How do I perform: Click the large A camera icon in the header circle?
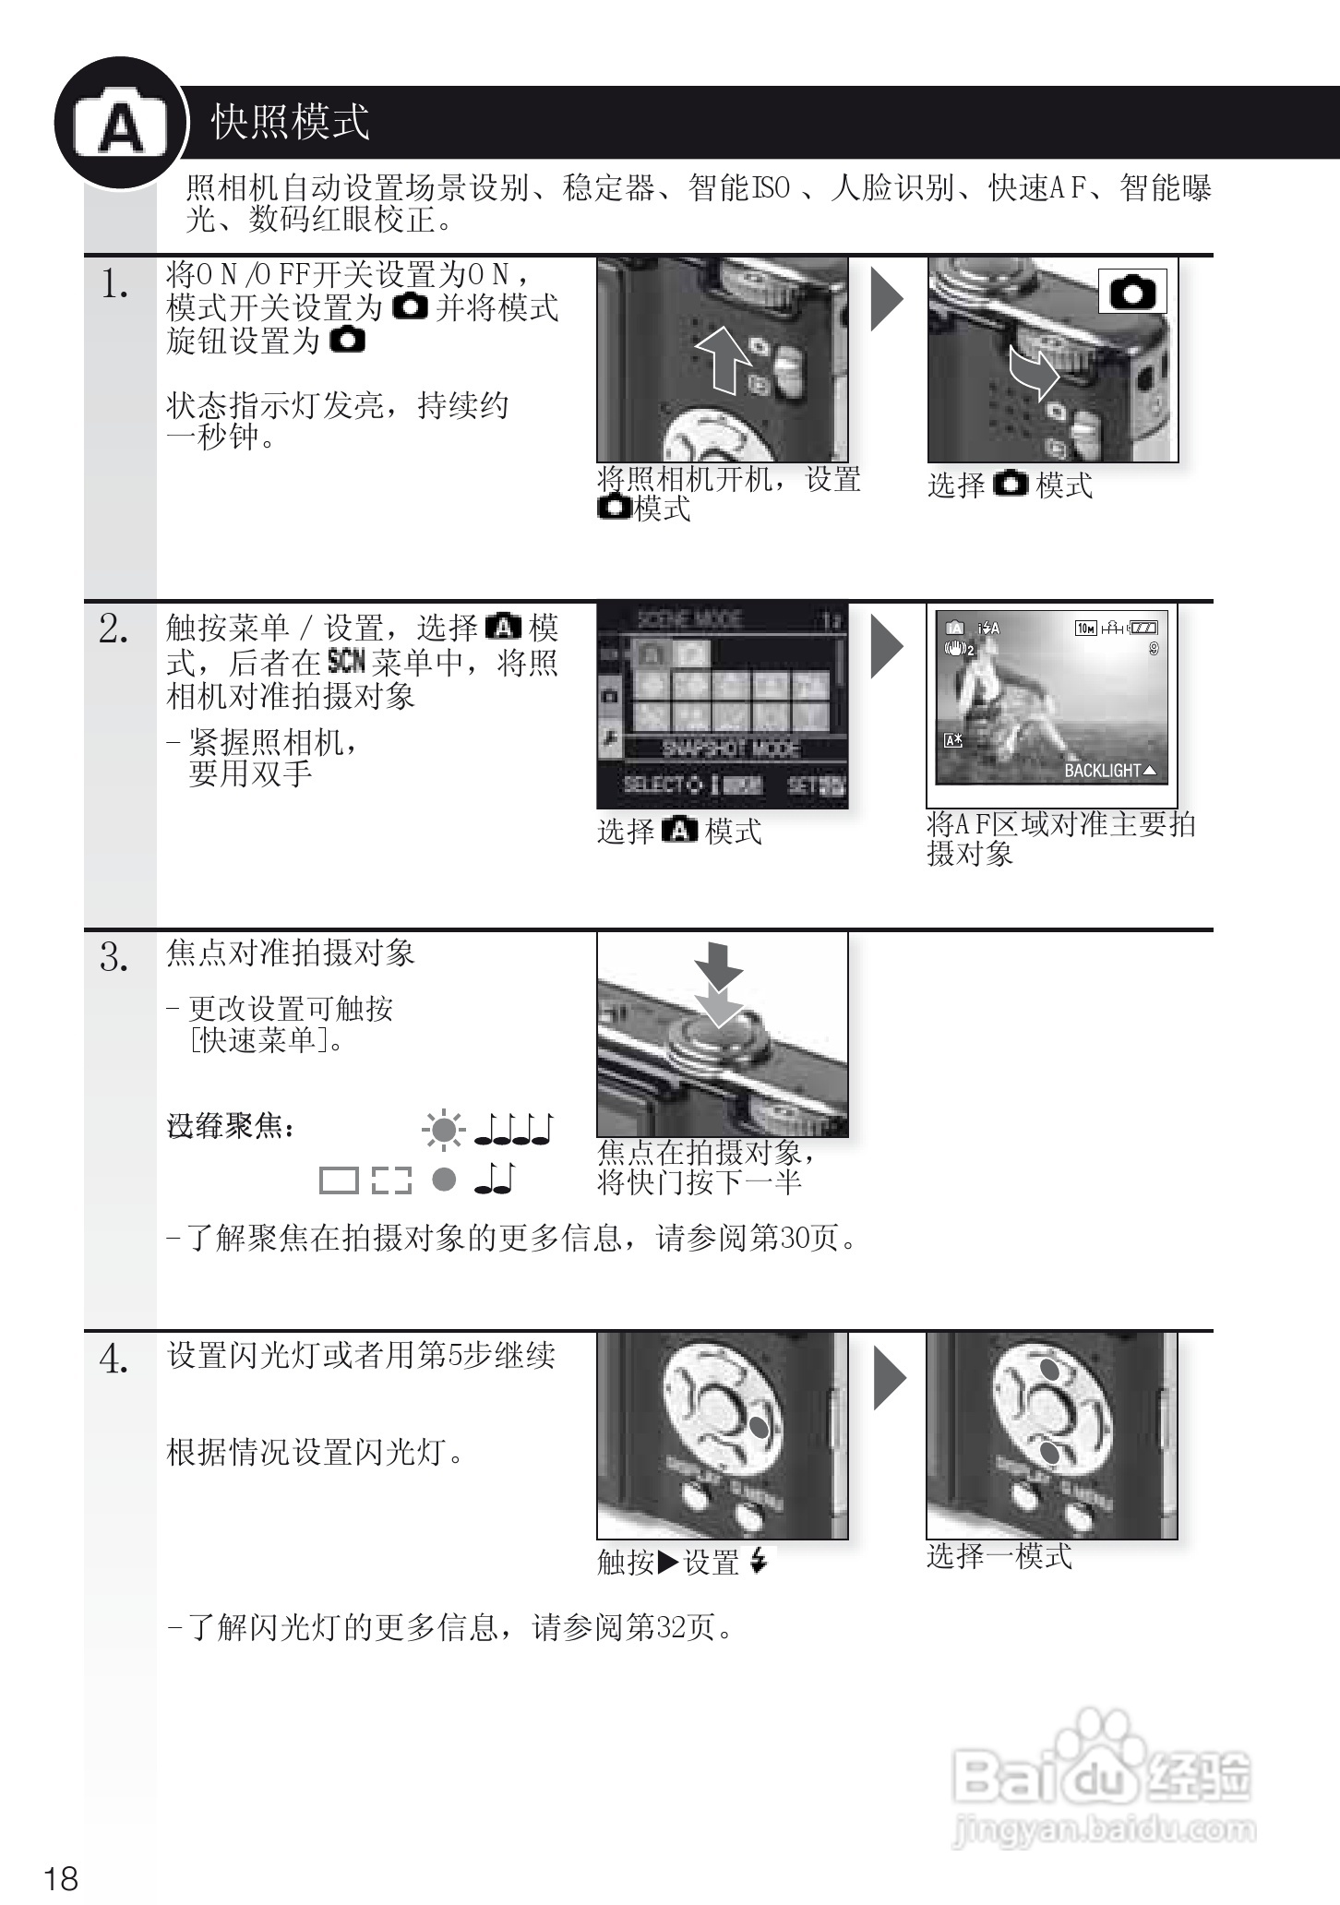(121, 126)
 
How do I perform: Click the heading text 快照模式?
(290, 122)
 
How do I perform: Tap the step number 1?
(114, 284)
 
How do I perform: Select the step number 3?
(114, 958)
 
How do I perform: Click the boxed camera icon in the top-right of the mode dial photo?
(1132, 292)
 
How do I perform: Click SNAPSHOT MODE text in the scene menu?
(730, 749)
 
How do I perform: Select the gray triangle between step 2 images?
(887, 645)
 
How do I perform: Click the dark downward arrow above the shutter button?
(719, 965)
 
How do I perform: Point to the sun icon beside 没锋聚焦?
(443, 1130)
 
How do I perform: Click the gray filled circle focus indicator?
(444, 1179)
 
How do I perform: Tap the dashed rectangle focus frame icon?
(391, 1180)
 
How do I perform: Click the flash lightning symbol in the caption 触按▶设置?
(759, 1561)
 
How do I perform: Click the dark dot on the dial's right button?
(759, 1427)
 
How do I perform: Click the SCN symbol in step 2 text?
(346, 661)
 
